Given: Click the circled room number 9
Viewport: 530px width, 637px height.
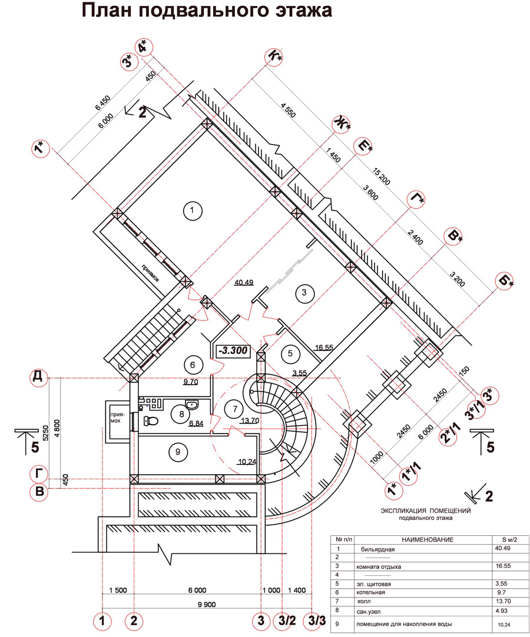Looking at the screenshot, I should click(175, 452).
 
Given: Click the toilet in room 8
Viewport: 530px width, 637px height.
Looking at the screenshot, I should click(151, 421).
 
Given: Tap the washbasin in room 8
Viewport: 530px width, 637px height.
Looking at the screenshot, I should click(192, 405).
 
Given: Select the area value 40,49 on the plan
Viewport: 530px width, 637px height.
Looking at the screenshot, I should click(243, 282).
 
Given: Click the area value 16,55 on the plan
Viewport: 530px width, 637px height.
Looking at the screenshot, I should click(323, 348).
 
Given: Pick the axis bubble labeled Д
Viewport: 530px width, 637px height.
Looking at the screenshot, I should click(39, 377).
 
